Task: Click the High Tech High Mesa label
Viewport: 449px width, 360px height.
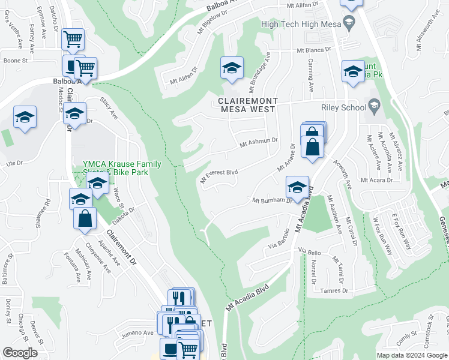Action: coord(301,24)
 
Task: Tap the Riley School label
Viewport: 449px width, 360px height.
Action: coord(348,108)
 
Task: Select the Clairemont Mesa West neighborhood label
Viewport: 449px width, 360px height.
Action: coord(247,105)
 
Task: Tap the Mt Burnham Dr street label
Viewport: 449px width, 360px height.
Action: coord(272,201)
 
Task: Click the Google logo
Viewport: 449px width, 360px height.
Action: coord(20,353)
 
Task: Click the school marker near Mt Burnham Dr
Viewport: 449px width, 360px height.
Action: coord(297,187)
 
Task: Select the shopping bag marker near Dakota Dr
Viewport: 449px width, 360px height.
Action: coord(85,218)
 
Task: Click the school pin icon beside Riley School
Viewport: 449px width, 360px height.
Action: coord(375,107)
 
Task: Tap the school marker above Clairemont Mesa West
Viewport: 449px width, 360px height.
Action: coord(231,68)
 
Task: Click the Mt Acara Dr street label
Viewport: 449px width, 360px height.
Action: coord(376,180)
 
